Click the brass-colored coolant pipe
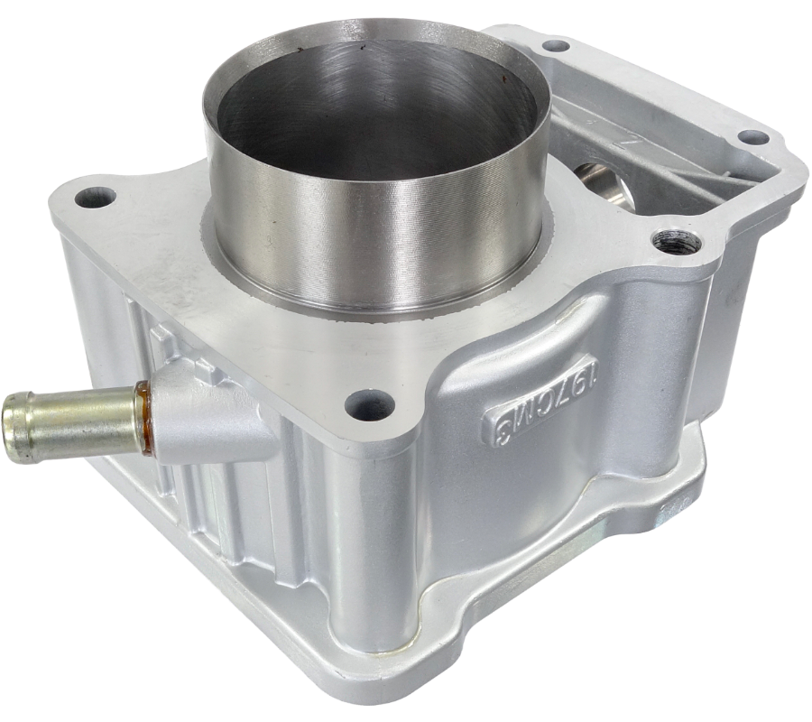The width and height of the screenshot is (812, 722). (x=72, y=421)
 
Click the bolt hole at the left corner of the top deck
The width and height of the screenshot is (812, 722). (x=96, y=197)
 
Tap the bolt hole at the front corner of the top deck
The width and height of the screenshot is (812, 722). (x=370, y=405)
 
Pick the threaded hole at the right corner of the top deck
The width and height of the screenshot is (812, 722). (x=677, y=240)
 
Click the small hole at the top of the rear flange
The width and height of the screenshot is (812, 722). (x=556, y=45)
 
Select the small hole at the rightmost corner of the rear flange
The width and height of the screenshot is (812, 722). (x=753, y=138)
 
